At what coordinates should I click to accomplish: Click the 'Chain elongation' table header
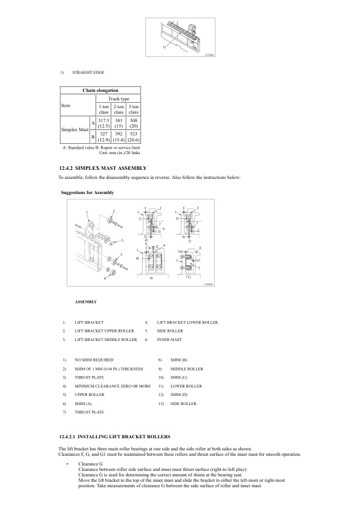(100, 89)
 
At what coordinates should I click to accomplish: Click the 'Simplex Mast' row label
(74, 131)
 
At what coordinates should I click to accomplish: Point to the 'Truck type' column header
(119, 98)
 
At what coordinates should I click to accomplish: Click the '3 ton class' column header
(134, 109)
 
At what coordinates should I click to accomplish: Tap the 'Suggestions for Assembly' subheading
(87, 192)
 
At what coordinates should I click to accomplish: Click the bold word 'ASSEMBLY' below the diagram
(85, 301)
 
